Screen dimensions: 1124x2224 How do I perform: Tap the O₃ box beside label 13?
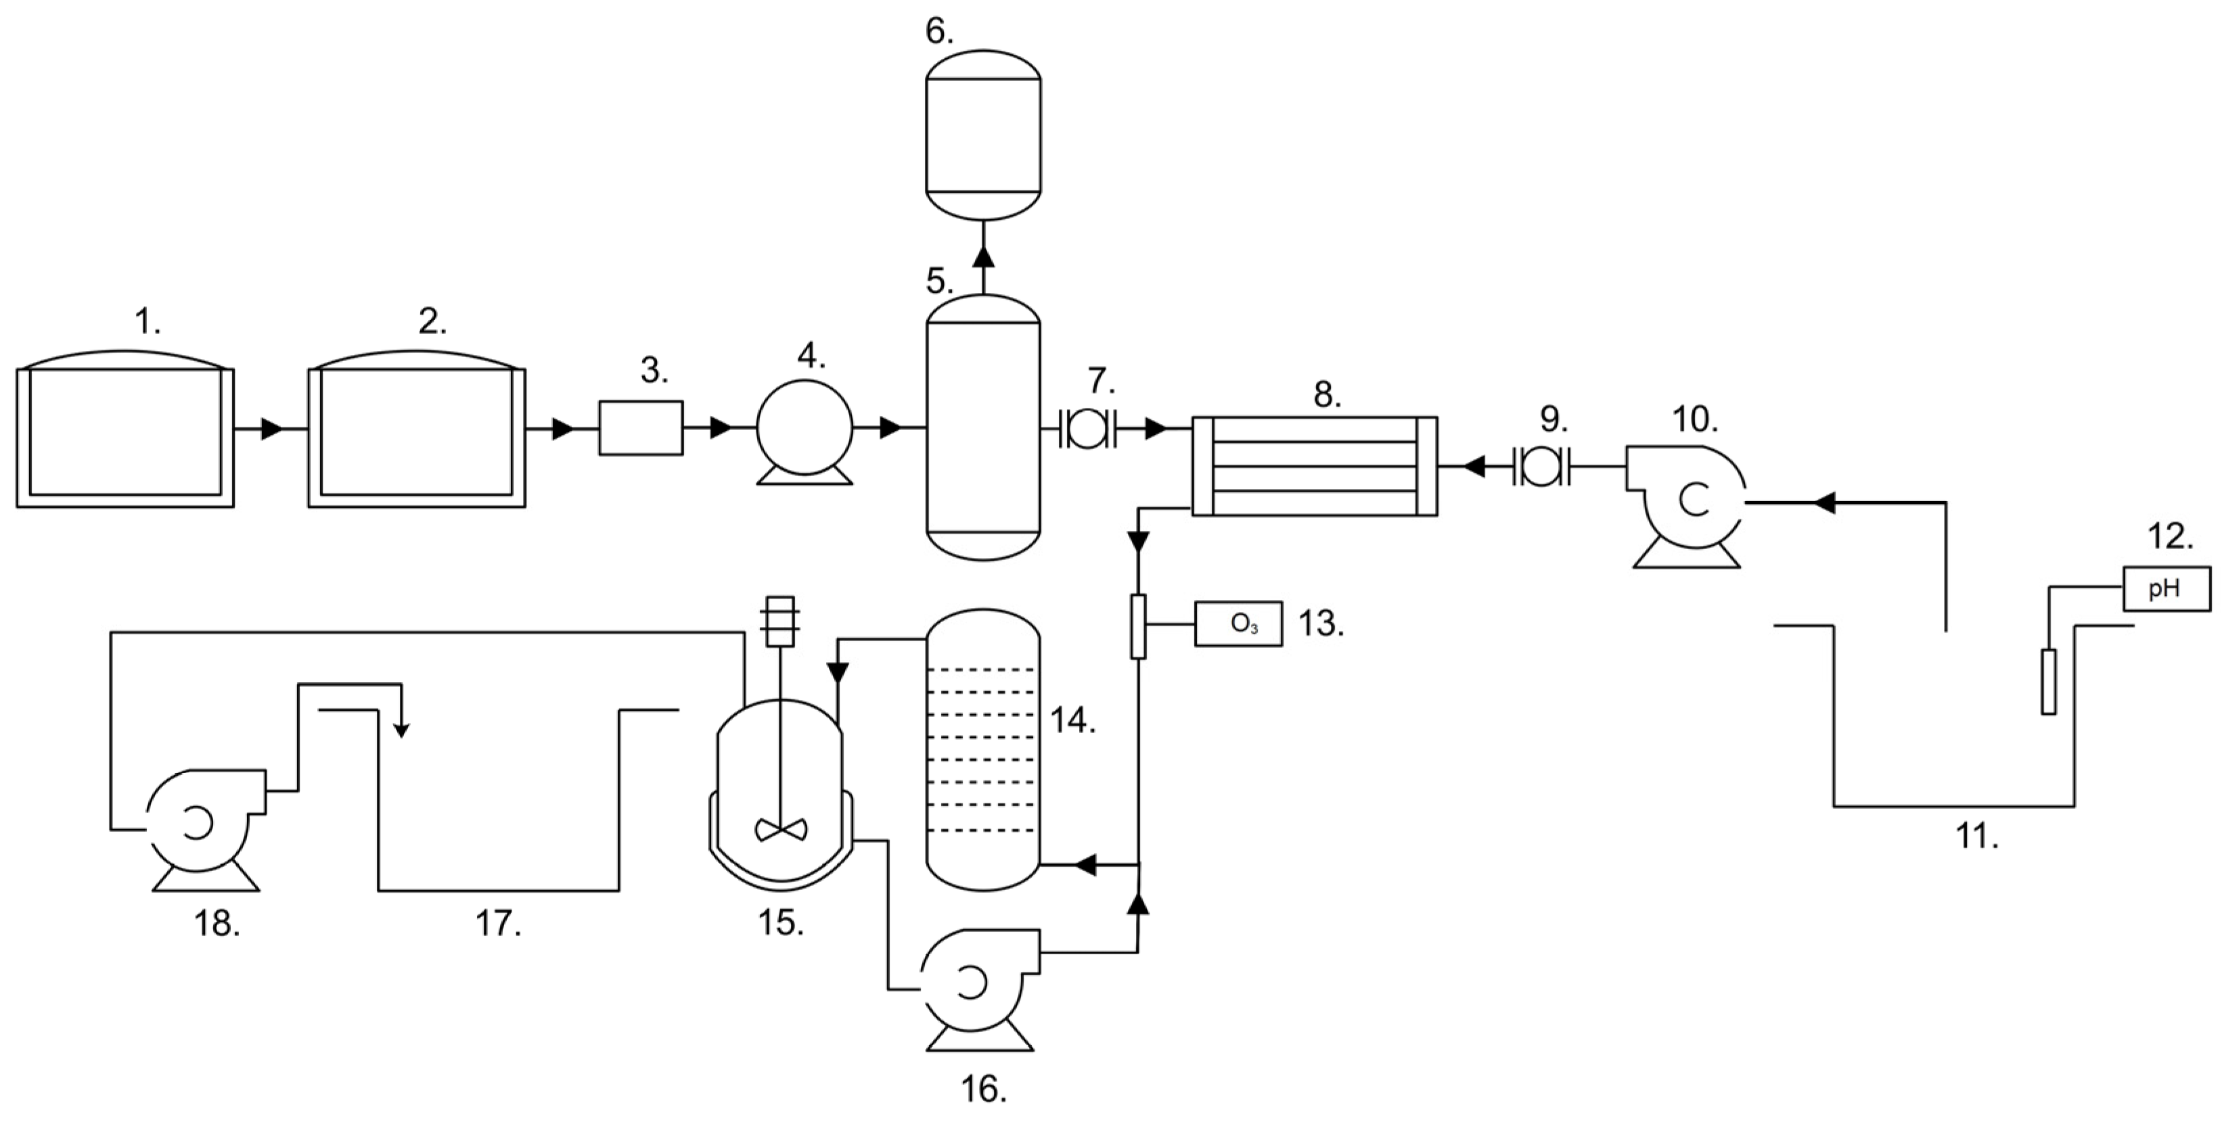tap(1238, 624)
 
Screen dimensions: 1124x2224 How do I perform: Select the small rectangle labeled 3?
tap(641, 427)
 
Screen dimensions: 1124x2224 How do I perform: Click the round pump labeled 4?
tap(804, 427)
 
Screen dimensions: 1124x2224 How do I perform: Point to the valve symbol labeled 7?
tap(1087, 427)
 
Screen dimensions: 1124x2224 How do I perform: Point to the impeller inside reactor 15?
tap(781, 830)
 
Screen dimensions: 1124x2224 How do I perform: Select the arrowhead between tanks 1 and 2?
tap(272, 428)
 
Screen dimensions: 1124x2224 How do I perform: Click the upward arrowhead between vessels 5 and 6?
tap(982, 256)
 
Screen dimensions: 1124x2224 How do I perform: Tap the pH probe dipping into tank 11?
tap(2049, 682)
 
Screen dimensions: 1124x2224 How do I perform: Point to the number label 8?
tap(1327, 394)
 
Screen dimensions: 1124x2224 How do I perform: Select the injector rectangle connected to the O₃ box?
tap(1138, 625)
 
